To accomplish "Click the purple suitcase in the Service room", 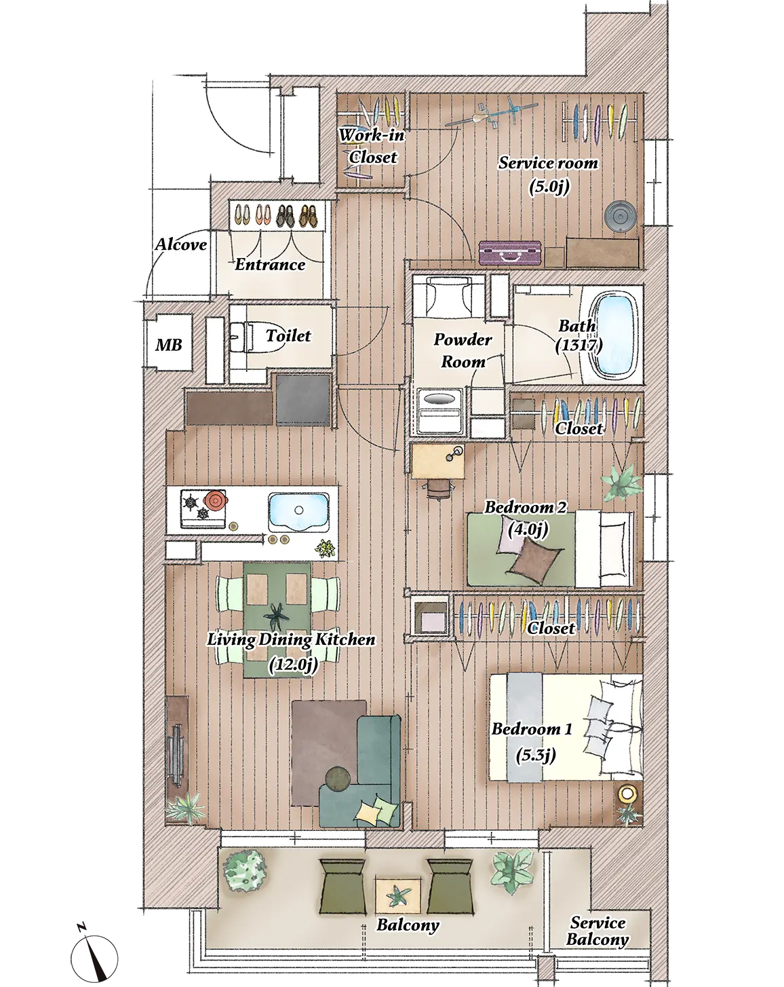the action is point(509,253).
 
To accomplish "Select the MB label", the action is point(169,344).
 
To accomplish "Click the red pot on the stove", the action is point(216,499).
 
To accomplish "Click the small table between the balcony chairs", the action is point(398,896).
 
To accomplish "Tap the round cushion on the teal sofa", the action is point(338,778).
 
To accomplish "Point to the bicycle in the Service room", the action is point(491,115).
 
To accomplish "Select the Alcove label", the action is point(180,244).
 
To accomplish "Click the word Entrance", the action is point(270,265).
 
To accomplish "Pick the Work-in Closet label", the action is point(372,146).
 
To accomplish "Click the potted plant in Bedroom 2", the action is point(621,481).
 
